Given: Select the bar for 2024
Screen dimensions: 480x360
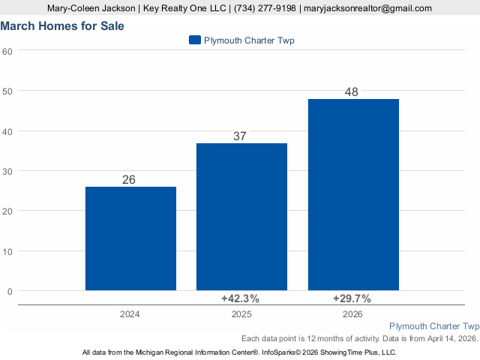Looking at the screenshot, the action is (x=130, y=238).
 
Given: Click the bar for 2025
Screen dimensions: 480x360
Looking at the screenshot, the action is (x=241, y=217).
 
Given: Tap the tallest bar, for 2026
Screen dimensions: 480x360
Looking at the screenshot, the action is (x=353, y=195).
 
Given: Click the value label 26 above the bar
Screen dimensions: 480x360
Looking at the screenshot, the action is (x=129, y=180).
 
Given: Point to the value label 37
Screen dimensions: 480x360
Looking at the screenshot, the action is (x=240, y=136).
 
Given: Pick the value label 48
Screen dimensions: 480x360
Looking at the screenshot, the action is (x=352, y=91).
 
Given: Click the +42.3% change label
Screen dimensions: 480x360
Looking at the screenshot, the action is (x=240, y=298).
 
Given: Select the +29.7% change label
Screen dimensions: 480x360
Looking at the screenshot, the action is (x=352, y=298).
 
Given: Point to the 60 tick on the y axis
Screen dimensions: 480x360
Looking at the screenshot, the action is (x=7, y=52).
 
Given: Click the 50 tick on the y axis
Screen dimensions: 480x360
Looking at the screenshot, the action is (x=7, y=91).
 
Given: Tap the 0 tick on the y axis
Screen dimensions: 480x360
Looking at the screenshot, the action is (x=10, y=292).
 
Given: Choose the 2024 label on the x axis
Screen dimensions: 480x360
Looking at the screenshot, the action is (x=130, y=314).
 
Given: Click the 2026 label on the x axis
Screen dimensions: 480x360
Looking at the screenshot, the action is (x=352, y=314).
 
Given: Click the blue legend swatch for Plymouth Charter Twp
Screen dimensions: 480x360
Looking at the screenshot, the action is (x=195, y=40).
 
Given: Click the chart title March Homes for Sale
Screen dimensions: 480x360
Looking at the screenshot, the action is (x=62, y=26).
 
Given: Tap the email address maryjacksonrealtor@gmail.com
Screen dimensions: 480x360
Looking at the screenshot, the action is (x=367, y=8).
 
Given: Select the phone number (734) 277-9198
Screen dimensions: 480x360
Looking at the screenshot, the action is (x=265, y=8).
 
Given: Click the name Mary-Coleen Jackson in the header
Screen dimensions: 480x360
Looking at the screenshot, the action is (x=91, y=8).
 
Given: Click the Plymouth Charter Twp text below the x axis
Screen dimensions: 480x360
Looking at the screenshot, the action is (x=434, y=326).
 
